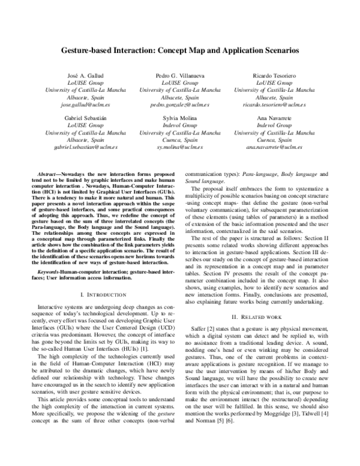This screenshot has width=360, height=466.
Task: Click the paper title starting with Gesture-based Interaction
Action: (180, 52)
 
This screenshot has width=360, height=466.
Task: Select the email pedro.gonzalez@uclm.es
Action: (180, 104)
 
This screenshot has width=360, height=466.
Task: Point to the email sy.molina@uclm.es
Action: (180, 147)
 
